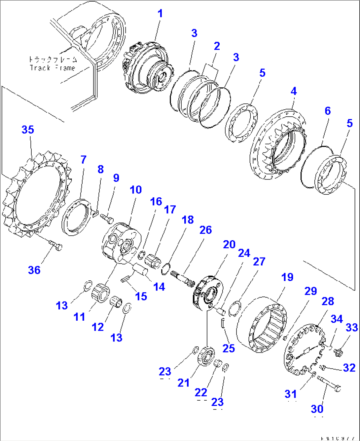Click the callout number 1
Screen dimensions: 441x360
[160, 14]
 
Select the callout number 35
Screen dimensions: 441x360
[28, 130]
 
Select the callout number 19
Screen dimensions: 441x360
[287, 277]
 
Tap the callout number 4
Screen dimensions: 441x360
[294, 91]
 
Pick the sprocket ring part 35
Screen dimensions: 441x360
[36, 195]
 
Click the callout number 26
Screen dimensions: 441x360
[205, 230]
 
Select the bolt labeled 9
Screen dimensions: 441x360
[106, 218]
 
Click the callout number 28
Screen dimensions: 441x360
[328, 301]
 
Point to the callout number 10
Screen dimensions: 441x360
[135, 190]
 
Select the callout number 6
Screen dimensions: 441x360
[327, 111]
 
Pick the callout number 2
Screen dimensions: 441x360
[217, 46]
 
